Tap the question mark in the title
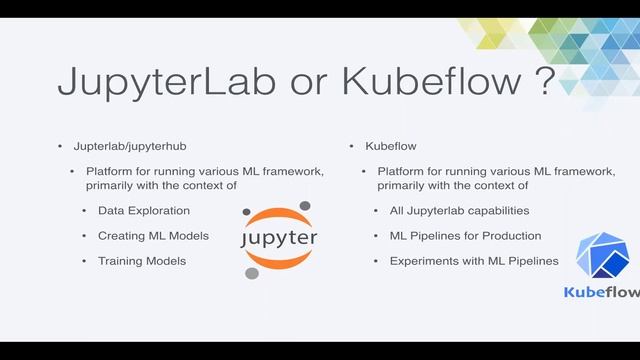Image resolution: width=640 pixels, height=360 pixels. [543, 80]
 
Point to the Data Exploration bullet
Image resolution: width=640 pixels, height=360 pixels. [144, 211]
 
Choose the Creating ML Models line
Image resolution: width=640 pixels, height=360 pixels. [153, 236]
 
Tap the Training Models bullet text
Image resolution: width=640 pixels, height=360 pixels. [142, 261]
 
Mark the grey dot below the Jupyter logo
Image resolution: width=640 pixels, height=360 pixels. [252, 273]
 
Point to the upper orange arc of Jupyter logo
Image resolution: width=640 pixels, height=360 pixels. [279, 216]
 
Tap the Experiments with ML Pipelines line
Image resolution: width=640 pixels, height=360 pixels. [467, 261]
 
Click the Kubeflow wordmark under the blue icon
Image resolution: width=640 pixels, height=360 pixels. [601, 292]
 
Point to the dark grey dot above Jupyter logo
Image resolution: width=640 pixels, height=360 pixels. [304, 206]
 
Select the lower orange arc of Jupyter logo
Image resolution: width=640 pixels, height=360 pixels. [279, 262]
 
